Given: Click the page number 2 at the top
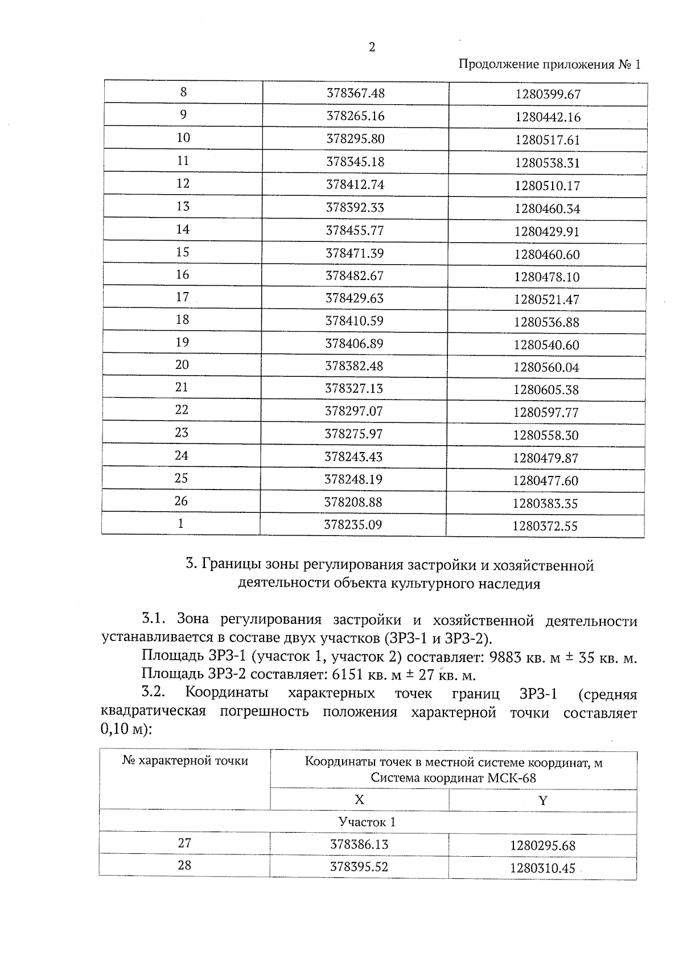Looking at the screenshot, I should (x=372, y=47).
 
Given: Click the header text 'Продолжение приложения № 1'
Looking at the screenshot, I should (x=549, y=64).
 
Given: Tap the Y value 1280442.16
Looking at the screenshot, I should (x=548, y=117).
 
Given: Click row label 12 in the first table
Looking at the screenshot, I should (x=183, y=183).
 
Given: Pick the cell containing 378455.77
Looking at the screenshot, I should (x=355, y=231).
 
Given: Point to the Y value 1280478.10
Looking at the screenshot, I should (x=546, y=277).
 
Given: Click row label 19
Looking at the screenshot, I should (x=182, y=342).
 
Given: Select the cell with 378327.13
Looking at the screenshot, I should (x=354, y=389).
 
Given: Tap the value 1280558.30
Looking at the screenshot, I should (x=546, y=435).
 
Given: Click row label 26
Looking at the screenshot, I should (x=181, y=501).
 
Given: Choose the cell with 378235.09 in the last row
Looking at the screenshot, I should (x=353, y=524).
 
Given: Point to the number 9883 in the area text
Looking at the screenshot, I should (x=505, y=658).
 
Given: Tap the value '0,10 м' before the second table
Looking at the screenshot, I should (x=121, y=730).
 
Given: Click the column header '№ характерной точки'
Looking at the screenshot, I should (x=185, y=761).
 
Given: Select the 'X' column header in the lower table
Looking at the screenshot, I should (x=359, y=800).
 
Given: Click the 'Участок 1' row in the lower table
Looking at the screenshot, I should (x=367, y=822).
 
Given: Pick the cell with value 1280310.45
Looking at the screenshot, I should (x=542, y=869).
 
